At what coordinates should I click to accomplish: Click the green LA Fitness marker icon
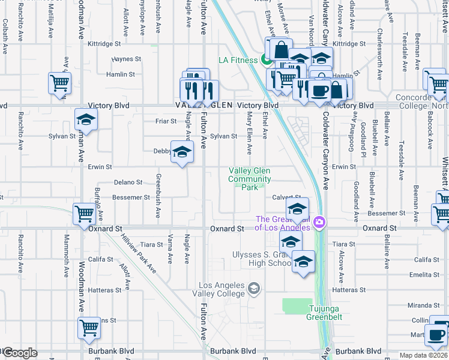pos(265,59)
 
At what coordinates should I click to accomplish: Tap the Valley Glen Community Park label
pos(250,179)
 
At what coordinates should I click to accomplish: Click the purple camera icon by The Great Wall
pos(320,223)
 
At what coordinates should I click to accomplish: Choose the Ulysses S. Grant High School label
pos(261,259)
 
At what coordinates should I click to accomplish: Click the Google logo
pos(20,353)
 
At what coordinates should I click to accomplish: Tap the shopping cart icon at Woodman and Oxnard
pos(84,214)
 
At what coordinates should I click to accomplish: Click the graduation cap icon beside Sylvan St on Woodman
pos(86,119)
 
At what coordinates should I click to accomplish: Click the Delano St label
pos(128,182)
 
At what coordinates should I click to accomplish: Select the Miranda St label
pos(420,305)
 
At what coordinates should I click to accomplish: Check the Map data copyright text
pos(423,355)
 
